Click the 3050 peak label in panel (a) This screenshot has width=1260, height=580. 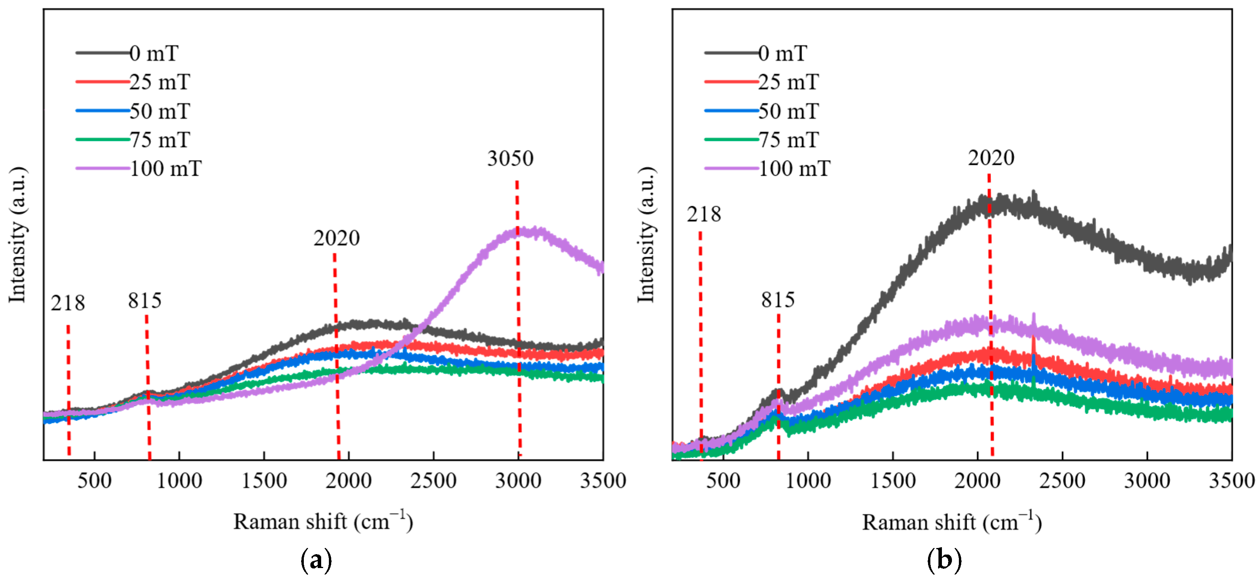pyautogui.click(x=510, y=158)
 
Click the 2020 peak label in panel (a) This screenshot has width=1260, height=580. pyautogui.click(x=337, y=238)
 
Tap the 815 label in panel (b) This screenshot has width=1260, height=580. pyautogui.click(x=777, y=300)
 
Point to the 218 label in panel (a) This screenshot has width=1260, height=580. pyautogui.click(x=67, y=303)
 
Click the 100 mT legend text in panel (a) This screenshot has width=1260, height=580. pyautogui.click(x=165, y=169)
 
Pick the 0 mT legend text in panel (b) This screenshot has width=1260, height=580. pyautogui.click(x=782, y=53)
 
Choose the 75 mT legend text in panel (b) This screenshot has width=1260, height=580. pyautogui.click(x=788, y=140)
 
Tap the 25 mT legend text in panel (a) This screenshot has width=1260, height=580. pyautogui.click(x=160, y=82)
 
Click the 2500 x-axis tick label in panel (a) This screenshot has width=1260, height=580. pyautogui.click(x=433, y=481)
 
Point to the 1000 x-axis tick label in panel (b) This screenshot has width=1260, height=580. pyautogui.click(x=808, y=481)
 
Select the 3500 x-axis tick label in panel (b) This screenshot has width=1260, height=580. pyautogui.click(x=1231, y=481)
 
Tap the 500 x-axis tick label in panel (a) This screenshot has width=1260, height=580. pyautogui.click(x=94, y=481)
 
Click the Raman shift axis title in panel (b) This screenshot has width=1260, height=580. pyautogui.click(x=951, y=522)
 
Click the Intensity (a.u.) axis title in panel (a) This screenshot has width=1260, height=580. pyautogui.click(x=18, y=235)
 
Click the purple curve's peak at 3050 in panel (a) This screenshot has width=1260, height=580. pyautogui.click(x=521, y=231)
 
